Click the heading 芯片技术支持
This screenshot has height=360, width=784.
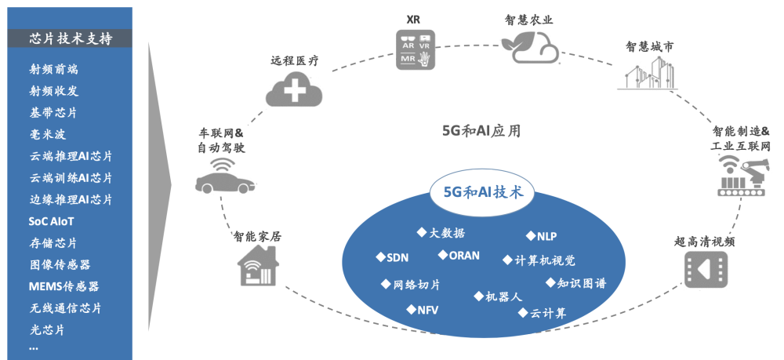[x=70, y=38]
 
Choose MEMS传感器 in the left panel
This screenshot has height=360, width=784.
[x=64, y=286]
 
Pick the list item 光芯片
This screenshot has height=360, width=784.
[x=47, y=329]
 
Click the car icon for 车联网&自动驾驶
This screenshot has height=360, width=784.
[x=224, y=179]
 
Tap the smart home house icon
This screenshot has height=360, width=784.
[x=259, y=267]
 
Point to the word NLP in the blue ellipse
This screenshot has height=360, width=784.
[x=546, y=236]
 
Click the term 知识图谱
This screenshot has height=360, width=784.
[x=580, y=283]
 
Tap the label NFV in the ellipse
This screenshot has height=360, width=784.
[x=427, y=310]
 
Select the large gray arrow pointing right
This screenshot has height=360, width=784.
[x=160, y=181]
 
